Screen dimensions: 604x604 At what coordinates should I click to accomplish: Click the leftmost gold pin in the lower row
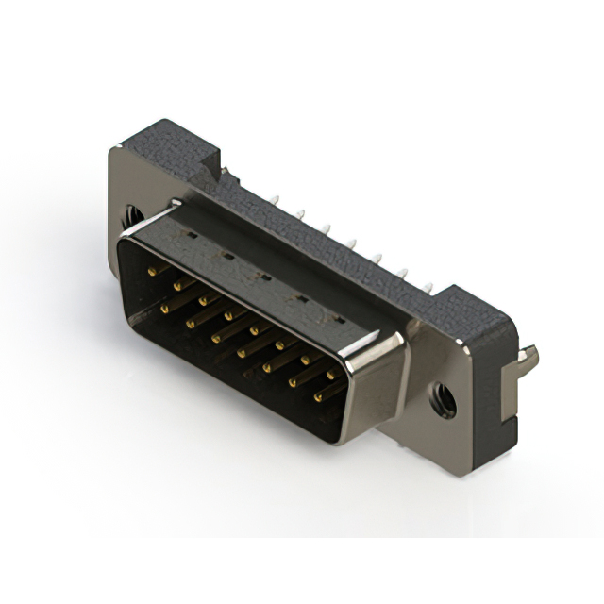click(x=165, y=308)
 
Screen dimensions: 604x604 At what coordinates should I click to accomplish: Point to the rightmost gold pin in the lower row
click(x=318, y=397)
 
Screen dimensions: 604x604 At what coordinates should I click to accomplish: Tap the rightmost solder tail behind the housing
click(x=430, y=285)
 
